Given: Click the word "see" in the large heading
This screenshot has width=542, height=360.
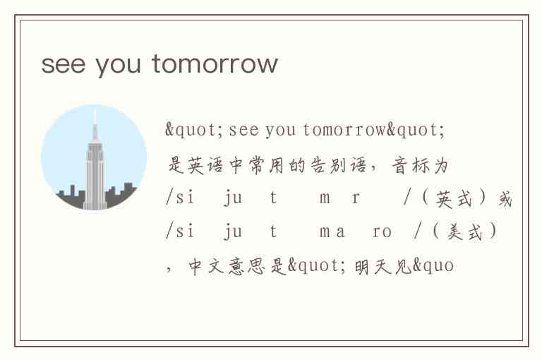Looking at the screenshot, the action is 64,65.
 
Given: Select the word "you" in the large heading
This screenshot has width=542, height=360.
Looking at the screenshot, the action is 119,66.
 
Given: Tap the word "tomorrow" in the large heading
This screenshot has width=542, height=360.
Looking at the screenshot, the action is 215,64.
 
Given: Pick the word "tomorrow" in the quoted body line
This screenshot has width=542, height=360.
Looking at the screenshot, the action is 344,130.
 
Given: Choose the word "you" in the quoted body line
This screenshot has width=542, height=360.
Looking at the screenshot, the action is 281,131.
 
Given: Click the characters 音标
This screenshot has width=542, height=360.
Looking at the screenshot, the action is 411,165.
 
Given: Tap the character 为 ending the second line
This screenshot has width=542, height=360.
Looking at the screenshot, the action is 441,165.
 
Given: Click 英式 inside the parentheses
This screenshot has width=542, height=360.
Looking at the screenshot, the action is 454,199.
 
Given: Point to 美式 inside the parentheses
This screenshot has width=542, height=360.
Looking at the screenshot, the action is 464,232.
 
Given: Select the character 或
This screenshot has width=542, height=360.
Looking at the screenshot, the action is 505,199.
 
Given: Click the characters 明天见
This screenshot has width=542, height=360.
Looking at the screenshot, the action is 383,266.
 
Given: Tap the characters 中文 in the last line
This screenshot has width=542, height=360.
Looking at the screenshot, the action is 207,266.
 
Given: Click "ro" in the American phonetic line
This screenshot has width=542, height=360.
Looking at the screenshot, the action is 382,232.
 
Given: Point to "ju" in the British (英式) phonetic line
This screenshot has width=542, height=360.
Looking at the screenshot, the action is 233,198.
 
